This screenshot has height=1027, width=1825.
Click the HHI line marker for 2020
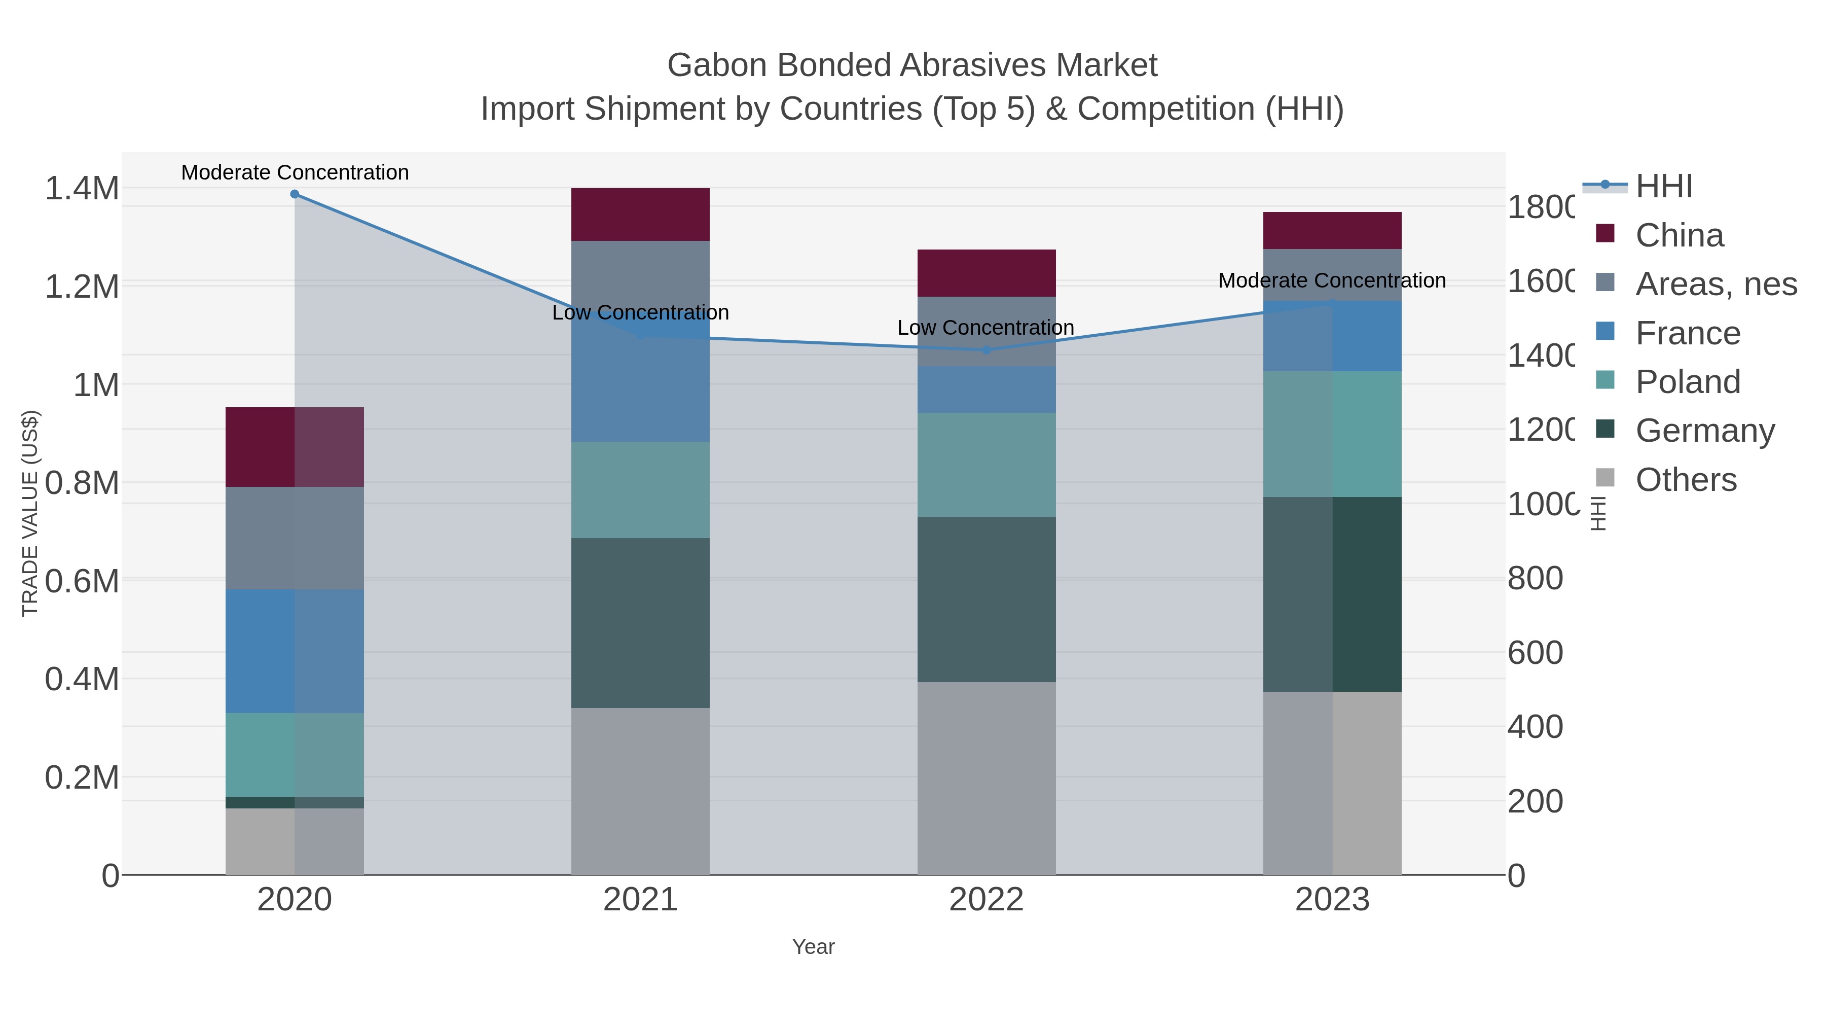pyautogui.click(x=295, y=194)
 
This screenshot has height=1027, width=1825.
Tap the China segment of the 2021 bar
pyautogui.click(x=640, y=214)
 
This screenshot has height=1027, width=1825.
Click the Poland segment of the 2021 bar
pyautogui.click(x=640, y=490)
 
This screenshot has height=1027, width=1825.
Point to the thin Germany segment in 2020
pyautogui.click(x=295, y=802)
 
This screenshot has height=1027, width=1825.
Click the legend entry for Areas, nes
pyautogui.click(x=1714, y=284)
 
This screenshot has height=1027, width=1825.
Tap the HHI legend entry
pyautogui.click(x=1663, y=187)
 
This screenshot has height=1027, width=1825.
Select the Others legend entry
pyautogui.click(x=1685, y=480)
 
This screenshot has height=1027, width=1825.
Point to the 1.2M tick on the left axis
pyautogui.click(x=82, y=287)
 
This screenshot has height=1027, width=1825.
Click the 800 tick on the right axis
pyautogui.click(x=1535, y=578)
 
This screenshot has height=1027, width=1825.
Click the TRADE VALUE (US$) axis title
pyautogui.click(x=30, y=513)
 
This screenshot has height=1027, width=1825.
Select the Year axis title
pyautogui.click(x=813, y=947)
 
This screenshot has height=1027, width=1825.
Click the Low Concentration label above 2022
pyautogui.click(x=985, y=328)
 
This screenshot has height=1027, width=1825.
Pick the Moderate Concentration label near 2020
pyautogui.click(x=295, y=172)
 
